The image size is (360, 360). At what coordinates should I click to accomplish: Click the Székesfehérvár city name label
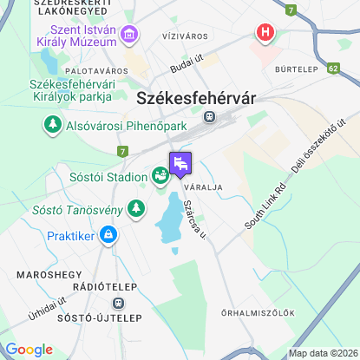click(x=197, y=98)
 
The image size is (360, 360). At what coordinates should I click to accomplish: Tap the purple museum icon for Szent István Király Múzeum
click(x=130, y=36)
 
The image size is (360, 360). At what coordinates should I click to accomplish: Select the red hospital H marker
click(x=265, y=33)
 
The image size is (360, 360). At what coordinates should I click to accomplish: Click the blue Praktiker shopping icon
click(x=108, y=234)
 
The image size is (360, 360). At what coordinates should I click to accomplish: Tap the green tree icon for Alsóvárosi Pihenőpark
click(x=53, y=126)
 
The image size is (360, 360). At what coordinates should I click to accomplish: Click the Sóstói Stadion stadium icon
click(x=160, y=176)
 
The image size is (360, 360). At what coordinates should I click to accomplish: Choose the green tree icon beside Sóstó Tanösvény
click(x=135, y=207)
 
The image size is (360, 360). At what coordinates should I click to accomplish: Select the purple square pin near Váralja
click(x=180, y=163)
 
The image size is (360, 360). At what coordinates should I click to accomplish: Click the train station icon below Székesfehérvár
click(x=208, y=115)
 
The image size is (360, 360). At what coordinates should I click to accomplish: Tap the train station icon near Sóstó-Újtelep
click(x=118, y=304)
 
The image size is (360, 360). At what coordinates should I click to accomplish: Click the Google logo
click(x=29, y=350)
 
